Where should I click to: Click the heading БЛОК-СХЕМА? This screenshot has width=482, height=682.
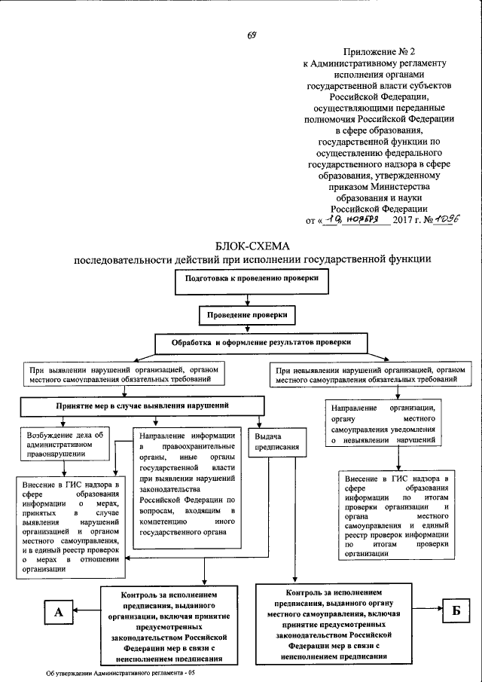[252, 246]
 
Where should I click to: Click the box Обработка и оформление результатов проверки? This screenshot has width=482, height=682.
[261, 342]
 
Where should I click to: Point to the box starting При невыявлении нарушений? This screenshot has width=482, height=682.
[365, 375]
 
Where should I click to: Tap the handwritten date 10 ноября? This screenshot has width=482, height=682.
[356, 220]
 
